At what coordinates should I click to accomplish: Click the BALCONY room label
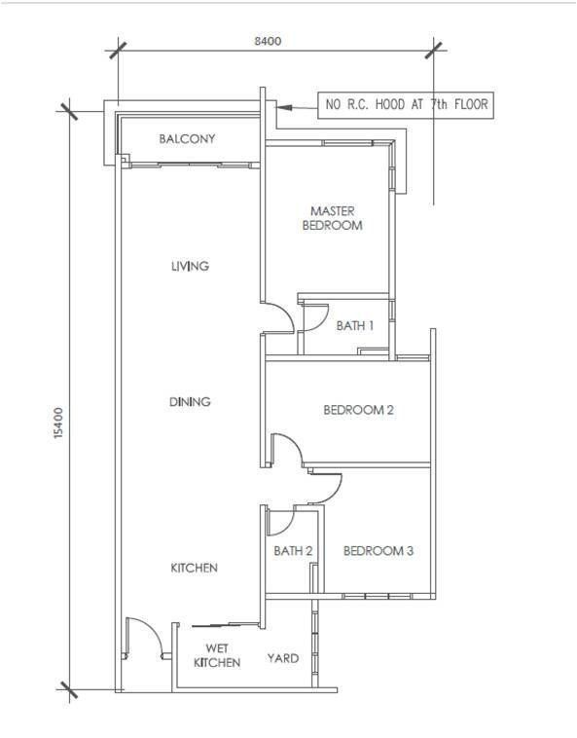tap(187, 139)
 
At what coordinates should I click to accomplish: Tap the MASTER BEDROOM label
tap(333, 218)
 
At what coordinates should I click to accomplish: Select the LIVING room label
tap(190, 267)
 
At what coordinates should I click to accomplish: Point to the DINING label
tap(190, 402)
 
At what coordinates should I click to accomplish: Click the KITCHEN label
tap(195, 568)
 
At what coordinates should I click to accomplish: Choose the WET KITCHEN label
tap(217, 655)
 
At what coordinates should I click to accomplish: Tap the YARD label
tap(282, 658)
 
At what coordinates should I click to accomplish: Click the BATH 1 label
tap(355, 326)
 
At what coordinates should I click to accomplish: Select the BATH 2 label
tap(293, 551)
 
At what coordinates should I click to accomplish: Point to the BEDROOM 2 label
tap(358, 410)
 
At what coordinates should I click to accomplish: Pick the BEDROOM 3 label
tap(379, 551)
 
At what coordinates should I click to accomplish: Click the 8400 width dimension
tap(268, 42)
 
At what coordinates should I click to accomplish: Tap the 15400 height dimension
tap(57, 424)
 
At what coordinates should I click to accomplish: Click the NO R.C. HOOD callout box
tap(406, 105)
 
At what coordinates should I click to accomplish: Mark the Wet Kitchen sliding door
tap(225, 625)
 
